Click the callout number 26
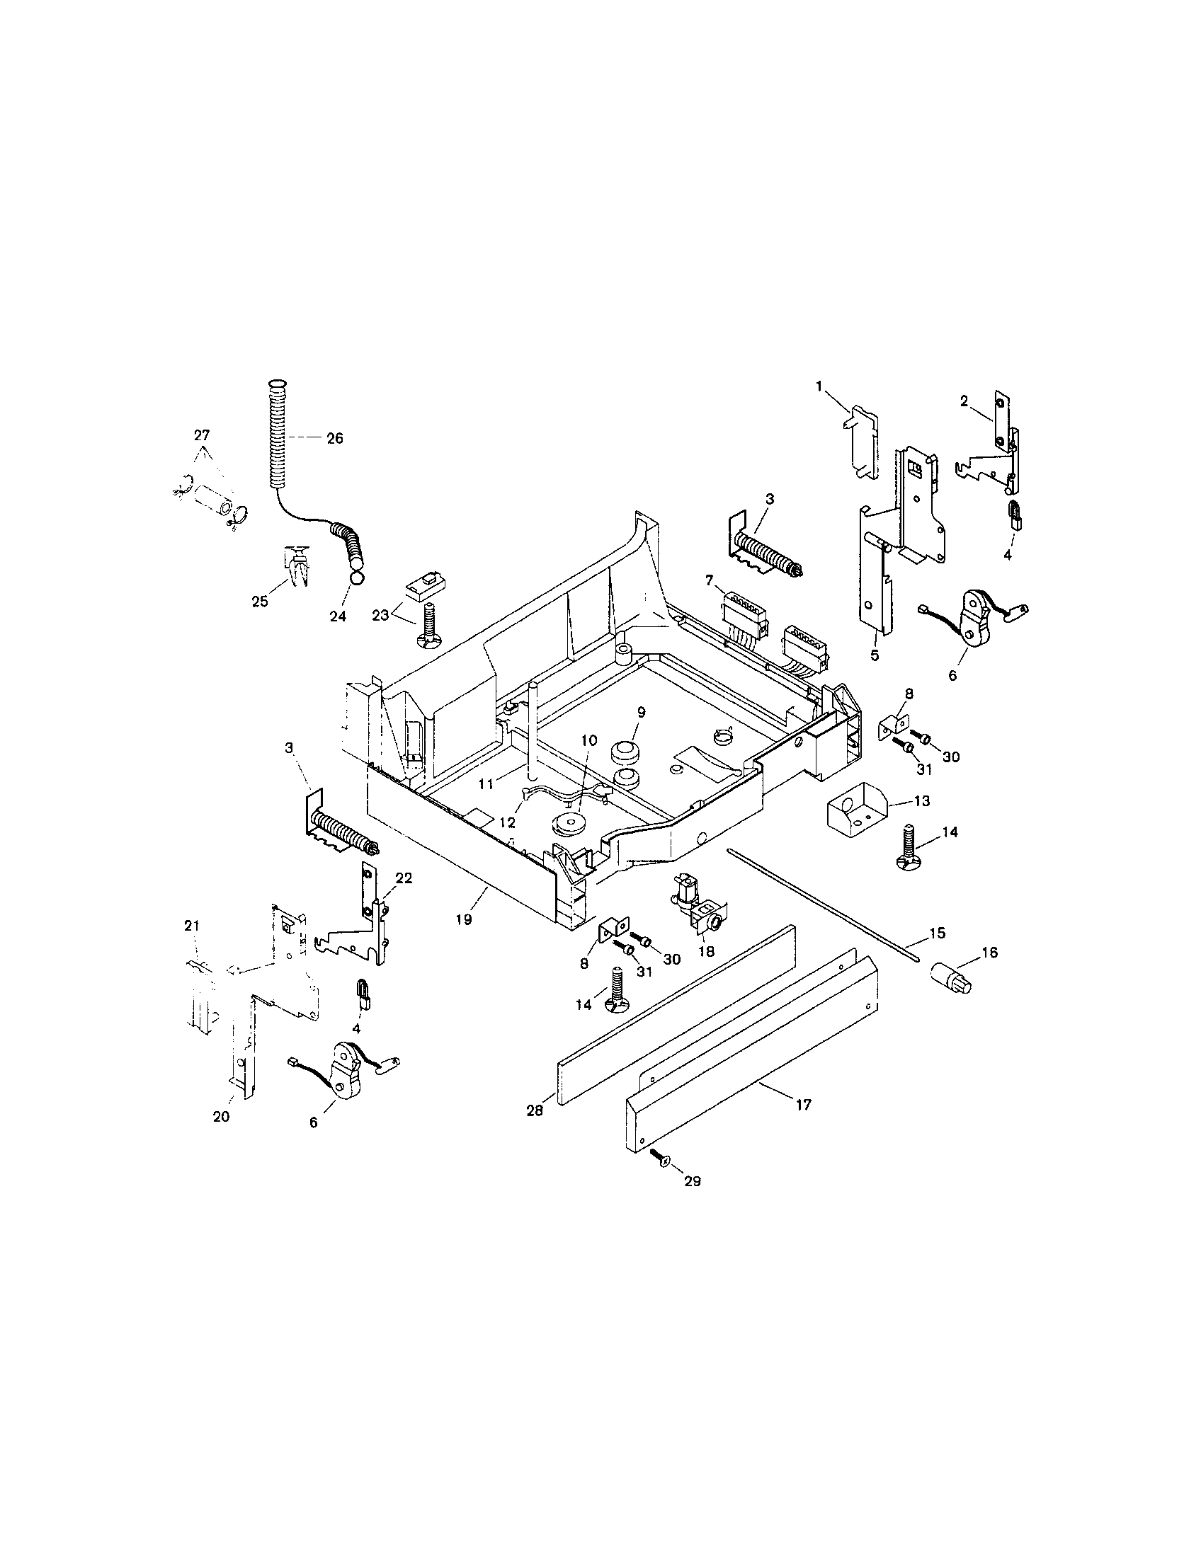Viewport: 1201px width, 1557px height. click(x=334, y=439)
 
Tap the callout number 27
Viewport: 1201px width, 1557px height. click(x=203, y=435)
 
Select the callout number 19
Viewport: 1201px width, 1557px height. click(x=464, y=919)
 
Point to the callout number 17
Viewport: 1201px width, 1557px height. click(x=804, y=1104)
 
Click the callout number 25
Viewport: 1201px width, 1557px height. click(x=260, y=602)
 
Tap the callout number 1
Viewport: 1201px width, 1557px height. click(x=819, y=386)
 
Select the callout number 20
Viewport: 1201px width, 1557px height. click(x=221, y=1116)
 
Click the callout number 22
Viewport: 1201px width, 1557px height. click(x=404, y=878)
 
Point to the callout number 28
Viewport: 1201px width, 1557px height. click(x=535, y=1110)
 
